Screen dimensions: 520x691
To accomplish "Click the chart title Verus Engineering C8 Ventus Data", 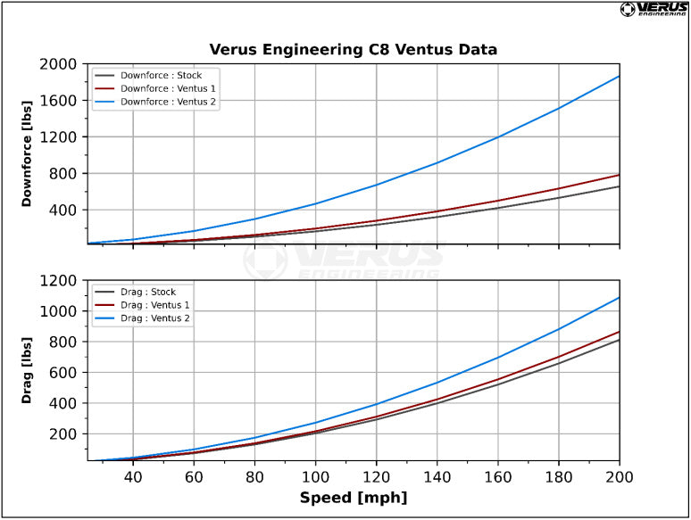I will (x=353, y=49).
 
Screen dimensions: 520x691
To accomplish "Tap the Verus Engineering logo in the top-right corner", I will (x=654, y=10).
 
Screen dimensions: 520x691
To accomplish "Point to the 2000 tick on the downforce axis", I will (x=60, y=64).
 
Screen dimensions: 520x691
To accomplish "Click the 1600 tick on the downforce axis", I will (x=60, y=101).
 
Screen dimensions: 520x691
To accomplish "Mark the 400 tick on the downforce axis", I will (x=64, y=210).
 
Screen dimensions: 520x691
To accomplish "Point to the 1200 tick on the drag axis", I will (x=60, y=281).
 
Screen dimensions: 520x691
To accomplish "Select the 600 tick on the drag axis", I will (x=64, y=373).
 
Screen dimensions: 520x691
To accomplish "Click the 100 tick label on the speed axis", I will (x=315, y=477).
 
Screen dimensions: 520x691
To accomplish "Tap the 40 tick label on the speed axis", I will (x=133, y=477).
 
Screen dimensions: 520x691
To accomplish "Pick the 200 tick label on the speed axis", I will (x=619, y=477).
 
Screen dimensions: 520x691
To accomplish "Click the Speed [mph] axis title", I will (x=353, y=498).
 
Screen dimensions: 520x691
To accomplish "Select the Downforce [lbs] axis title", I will (x=27, y=154).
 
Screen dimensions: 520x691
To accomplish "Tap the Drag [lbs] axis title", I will (x=27, y=370).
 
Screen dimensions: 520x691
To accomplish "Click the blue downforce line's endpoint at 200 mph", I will (x=619, y=77).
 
